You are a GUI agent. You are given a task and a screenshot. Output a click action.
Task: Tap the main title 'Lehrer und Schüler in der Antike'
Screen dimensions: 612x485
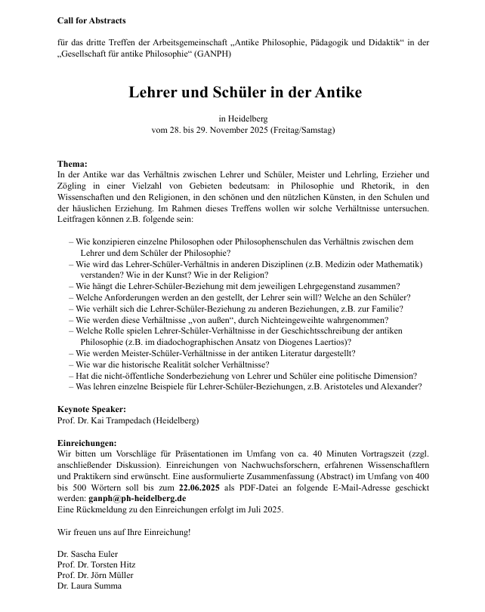(x=245, y=93)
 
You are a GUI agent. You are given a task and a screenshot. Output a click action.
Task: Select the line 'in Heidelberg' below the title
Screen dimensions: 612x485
(x=242, y=118)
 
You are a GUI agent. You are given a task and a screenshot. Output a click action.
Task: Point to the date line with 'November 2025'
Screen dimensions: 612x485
(x=242, y=130)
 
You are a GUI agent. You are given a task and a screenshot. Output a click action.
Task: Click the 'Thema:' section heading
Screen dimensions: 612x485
(x=73, y=164)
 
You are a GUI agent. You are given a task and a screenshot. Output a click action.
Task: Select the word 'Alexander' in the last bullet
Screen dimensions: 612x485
(x=397, y=386)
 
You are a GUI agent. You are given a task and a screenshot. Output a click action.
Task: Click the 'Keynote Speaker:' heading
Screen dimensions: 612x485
(x=91, y=409)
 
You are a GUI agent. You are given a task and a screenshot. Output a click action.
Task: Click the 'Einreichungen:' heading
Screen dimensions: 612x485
(x=87, y=442)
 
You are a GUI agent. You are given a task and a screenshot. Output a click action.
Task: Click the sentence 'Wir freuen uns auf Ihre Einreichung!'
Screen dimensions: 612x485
(x=124, y=532)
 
